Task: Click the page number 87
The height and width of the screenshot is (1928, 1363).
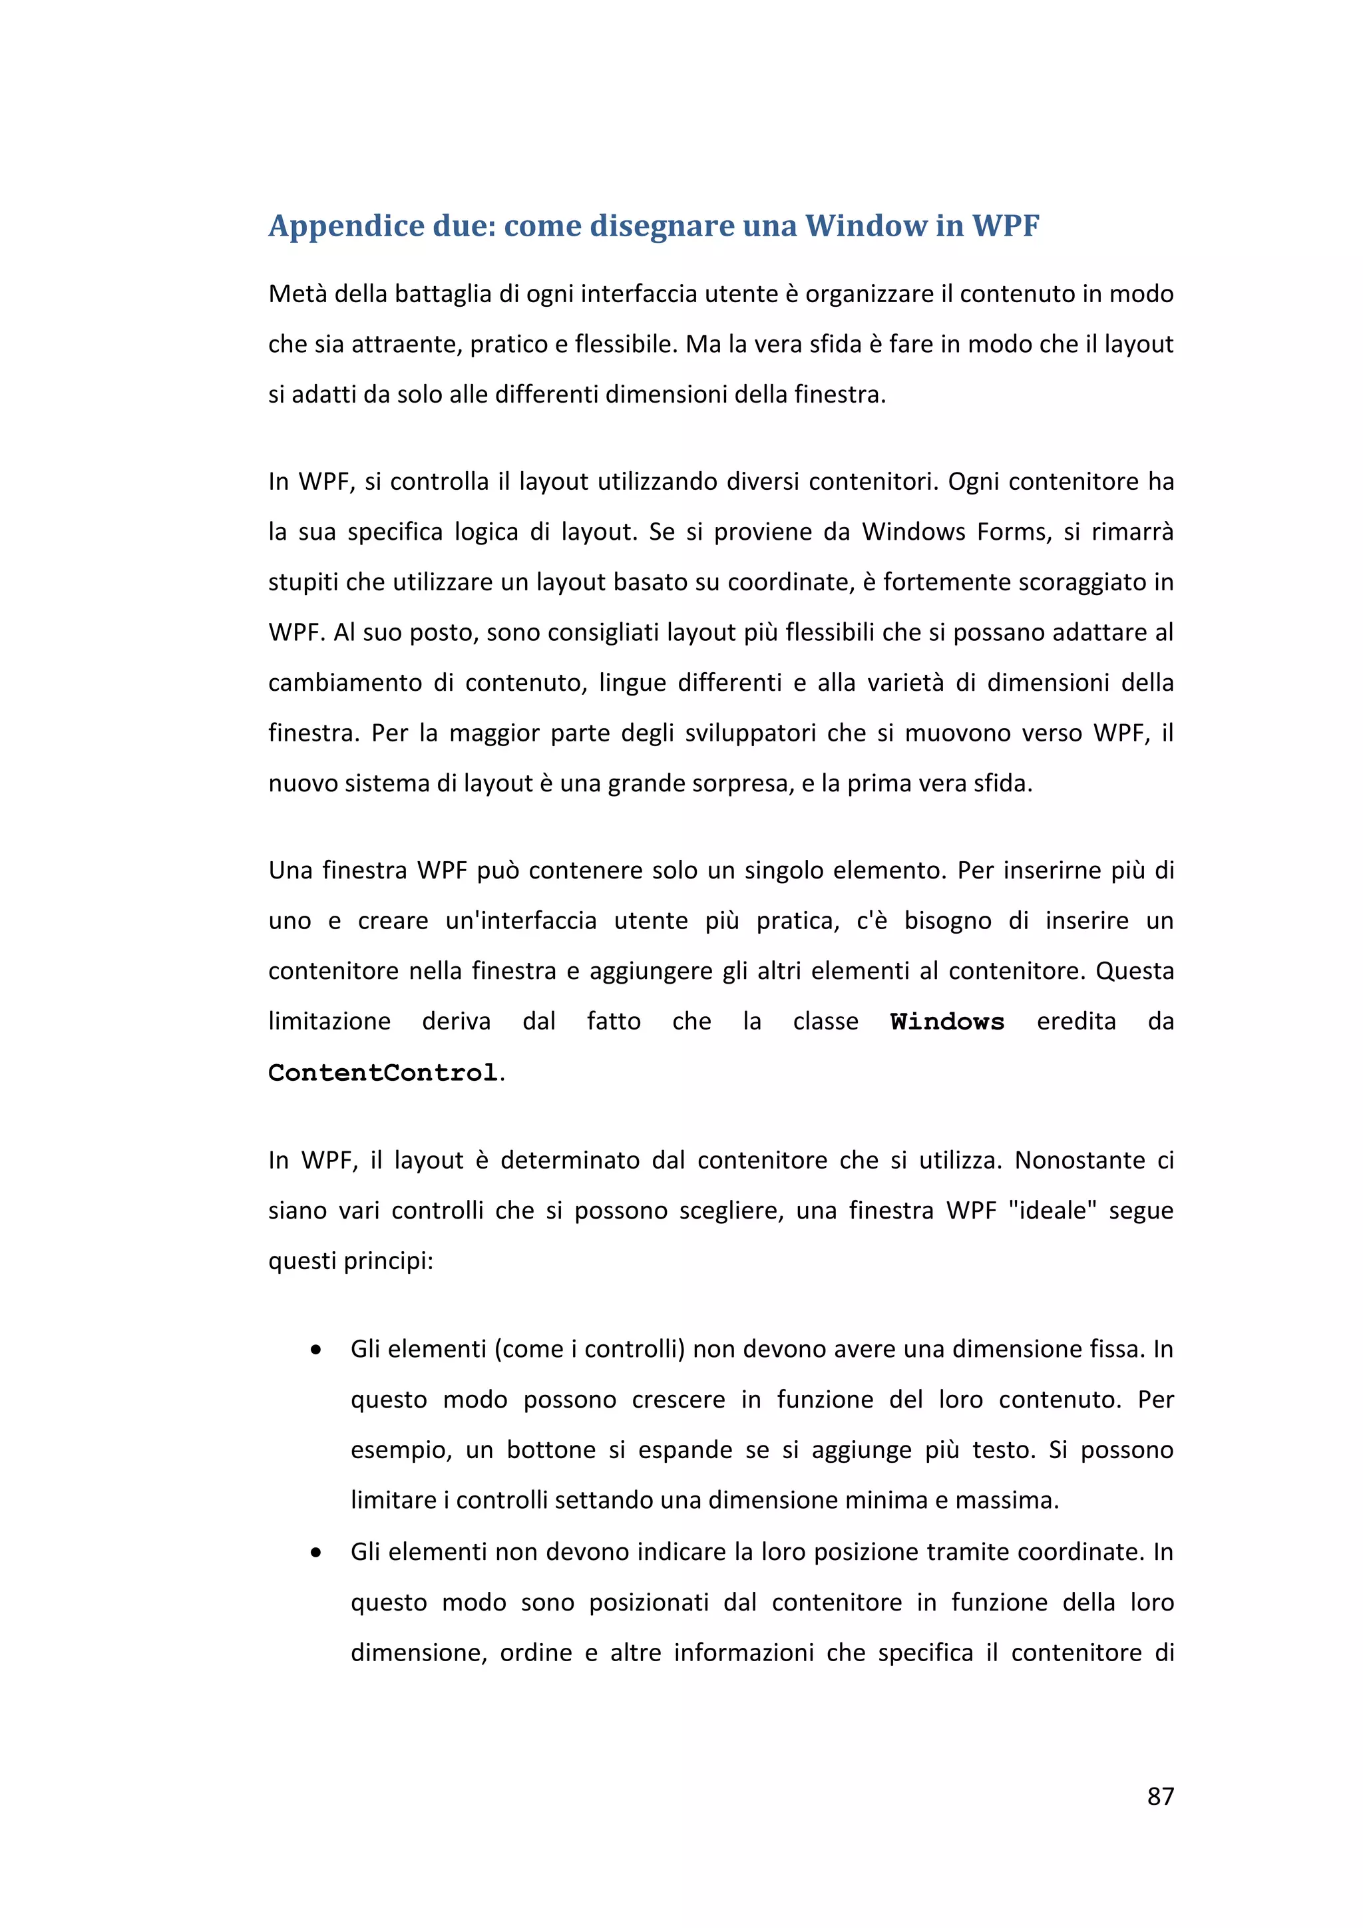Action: coord(1160,1796)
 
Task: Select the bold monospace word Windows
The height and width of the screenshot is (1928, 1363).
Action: coord(946,1022)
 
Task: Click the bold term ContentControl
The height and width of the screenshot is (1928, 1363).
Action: coord(383,1073)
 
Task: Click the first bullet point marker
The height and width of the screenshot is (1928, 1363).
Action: coord(315,1350)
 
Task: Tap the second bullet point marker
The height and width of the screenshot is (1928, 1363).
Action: coord(315,1553)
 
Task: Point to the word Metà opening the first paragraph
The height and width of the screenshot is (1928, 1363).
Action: coord(297,294)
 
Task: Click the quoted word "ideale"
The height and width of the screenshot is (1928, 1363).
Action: coord(1052,1211)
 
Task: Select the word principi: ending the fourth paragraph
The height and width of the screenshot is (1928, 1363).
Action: coord(391,1261)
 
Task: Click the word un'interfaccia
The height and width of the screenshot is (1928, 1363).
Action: coord(520,921)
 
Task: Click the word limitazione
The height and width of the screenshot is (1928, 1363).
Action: coord(329,1022)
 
